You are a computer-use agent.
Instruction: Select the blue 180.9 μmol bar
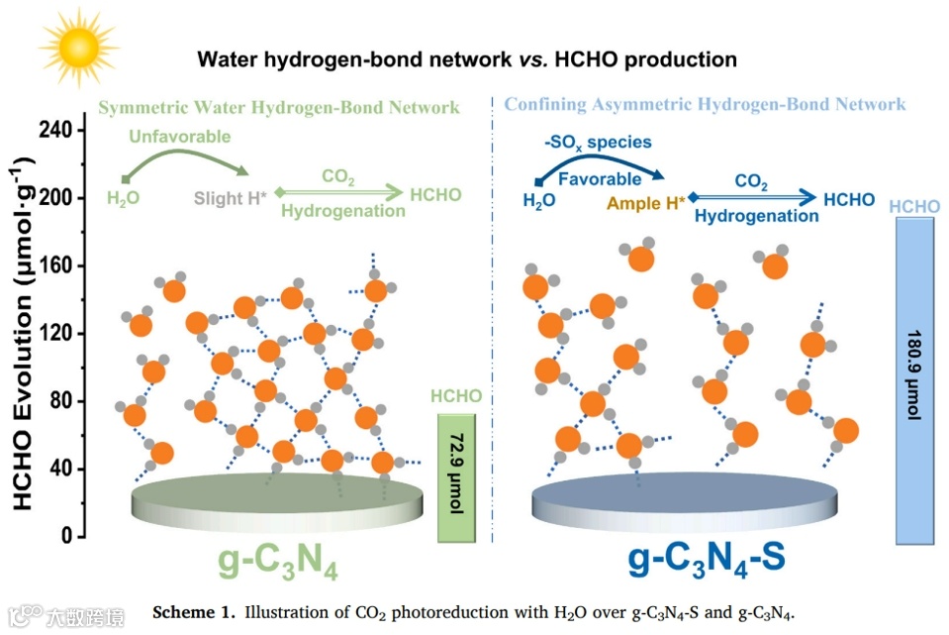914,381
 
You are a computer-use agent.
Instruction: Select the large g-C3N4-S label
707,558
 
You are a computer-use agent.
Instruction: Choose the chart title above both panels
467,59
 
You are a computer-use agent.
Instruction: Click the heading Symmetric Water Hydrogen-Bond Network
279,106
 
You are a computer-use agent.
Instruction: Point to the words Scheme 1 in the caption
192,611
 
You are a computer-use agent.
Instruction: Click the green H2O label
124,198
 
